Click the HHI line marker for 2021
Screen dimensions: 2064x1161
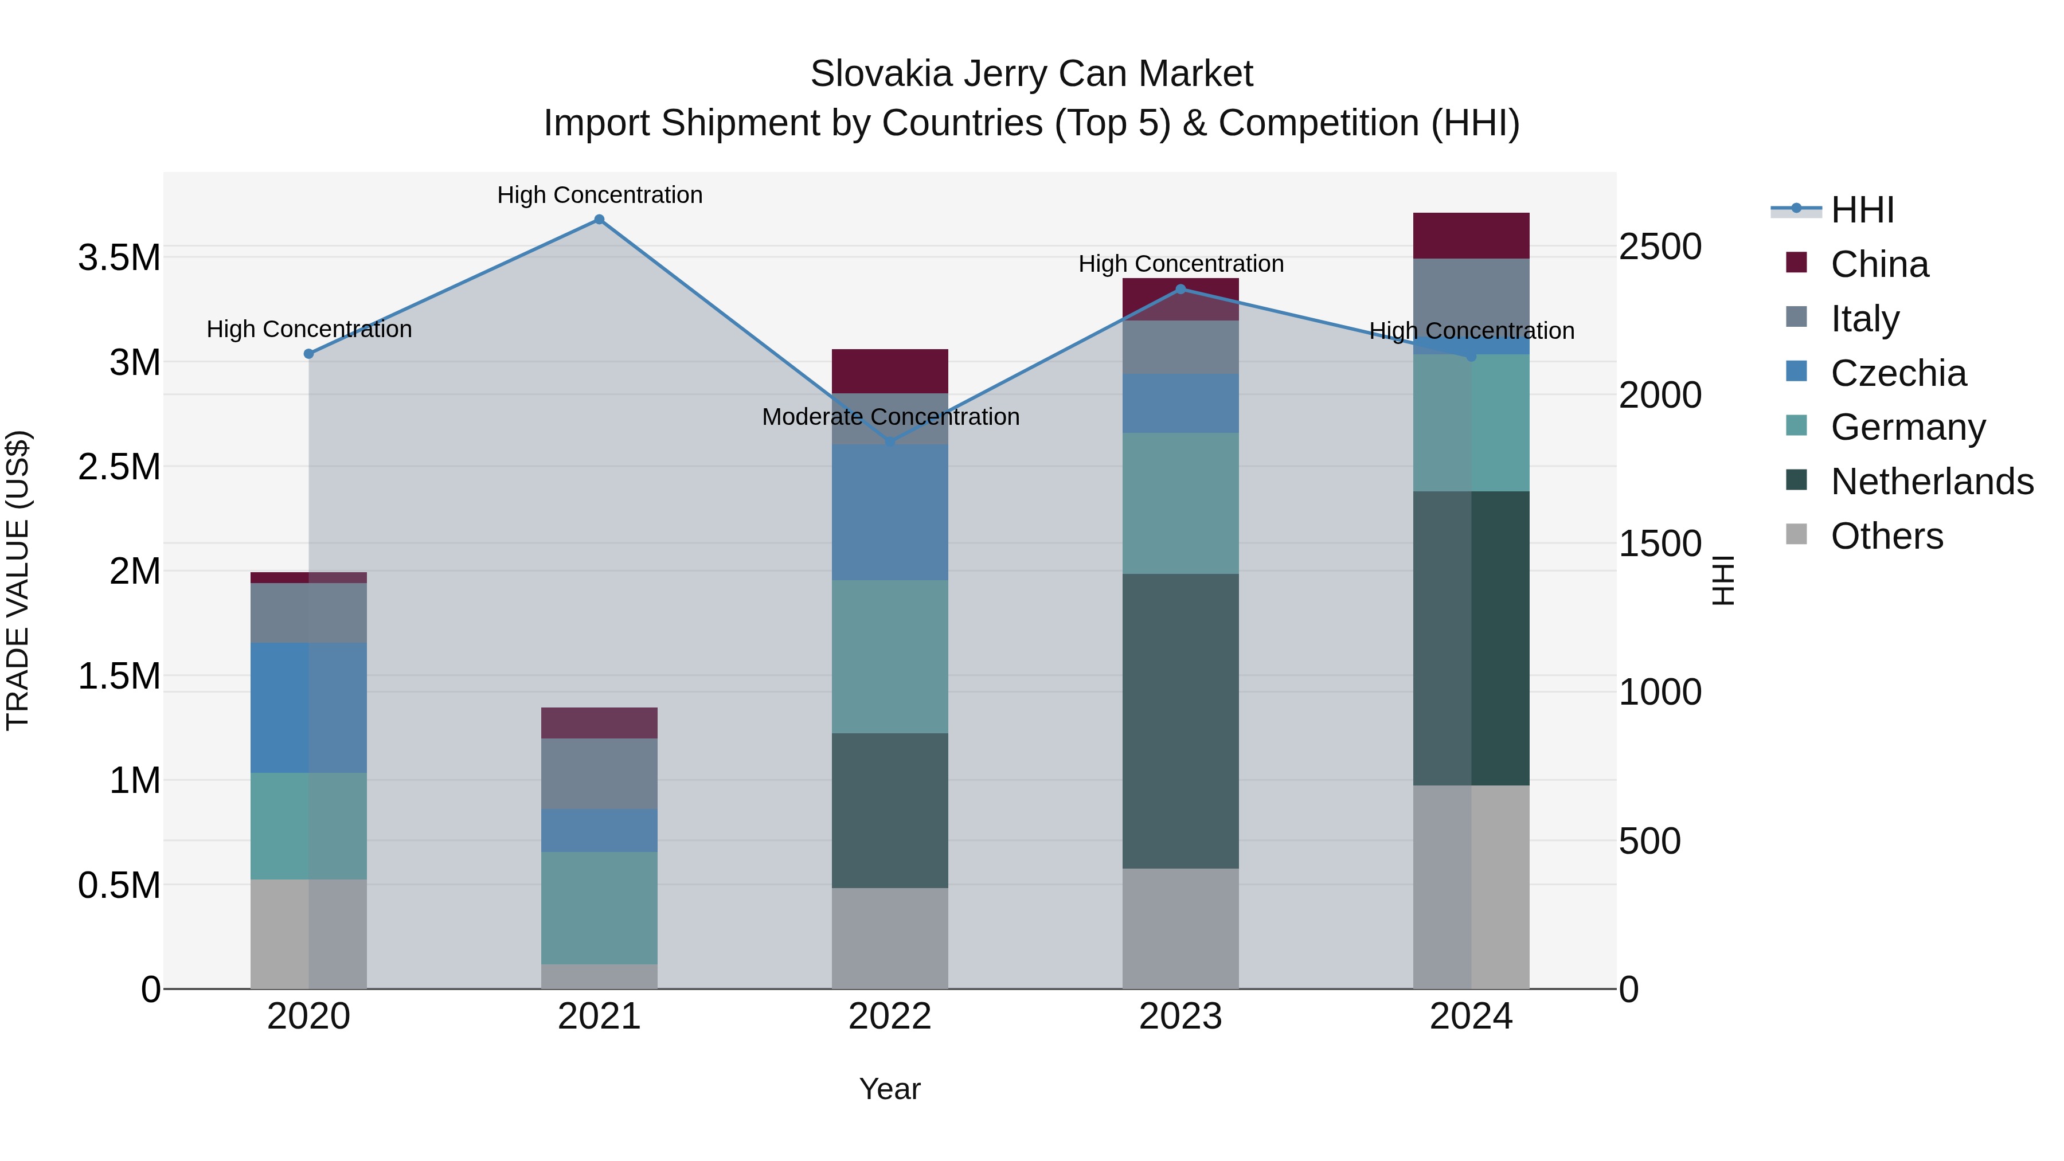pyautogui.click(x=599, y=220)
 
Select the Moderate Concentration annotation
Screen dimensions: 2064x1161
pyautogui.click(x=890, y=417)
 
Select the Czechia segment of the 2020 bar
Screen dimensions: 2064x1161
pyautogui.click(x=308, y=707)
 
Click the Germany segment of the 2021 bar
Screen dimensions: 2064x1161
pyautogui.click(x=599, y=907)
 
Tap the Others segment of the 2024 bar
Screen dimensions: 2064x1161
pyautogui.click(x=1471, y=886)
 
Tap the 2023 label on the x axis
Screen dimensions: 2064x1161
pyautogui.click(x=1180, y=1017)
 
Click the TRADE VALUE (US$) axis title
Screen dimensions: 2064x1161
pyautogui.click(x=18, y=580)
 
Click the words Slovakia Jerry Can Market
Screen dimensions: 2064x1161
pyautogui.click(x=1031, y=74)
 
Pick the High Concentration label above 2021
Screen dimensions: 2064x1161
pyautogui.click(x=599, y=195)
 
